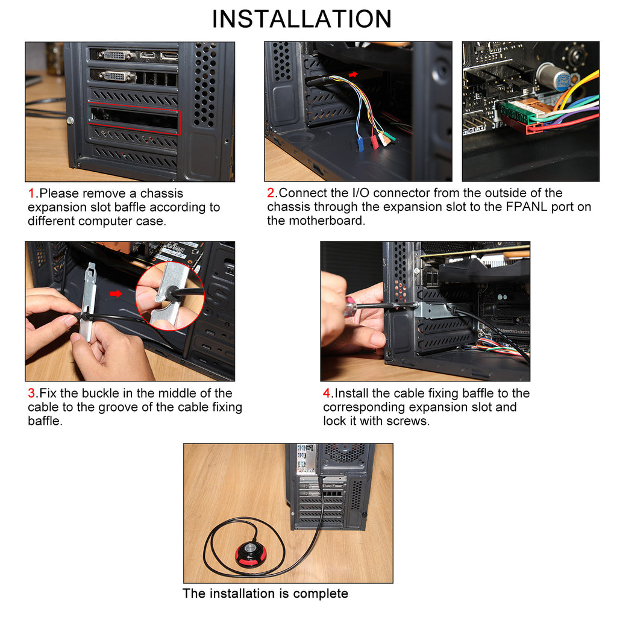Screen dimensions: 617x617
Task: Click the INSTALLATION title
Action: (301, 19)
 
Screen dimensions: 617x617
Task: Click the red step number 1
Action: (31, 194)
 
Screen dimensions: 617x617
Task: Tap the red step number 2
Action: (271, 193)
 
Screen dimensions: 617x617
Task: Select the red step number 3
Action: (31, 393)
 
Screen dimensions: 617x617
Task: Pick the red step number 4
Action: (327, 393)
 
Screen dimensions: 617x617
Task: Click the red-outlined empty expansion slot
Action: (134, 119)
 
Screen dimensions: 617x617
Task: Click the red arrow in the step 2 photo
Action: (353, 74)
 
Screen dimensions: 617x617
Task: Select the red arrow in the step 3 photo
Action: (116, 294)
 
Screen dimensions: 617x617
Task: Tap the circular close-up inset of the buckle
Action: (169, 296)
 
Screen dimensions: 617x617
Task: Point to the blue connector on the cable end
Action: (360, 145)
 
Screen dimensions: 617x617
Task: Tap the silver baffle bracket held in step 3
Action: (87, 301)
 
